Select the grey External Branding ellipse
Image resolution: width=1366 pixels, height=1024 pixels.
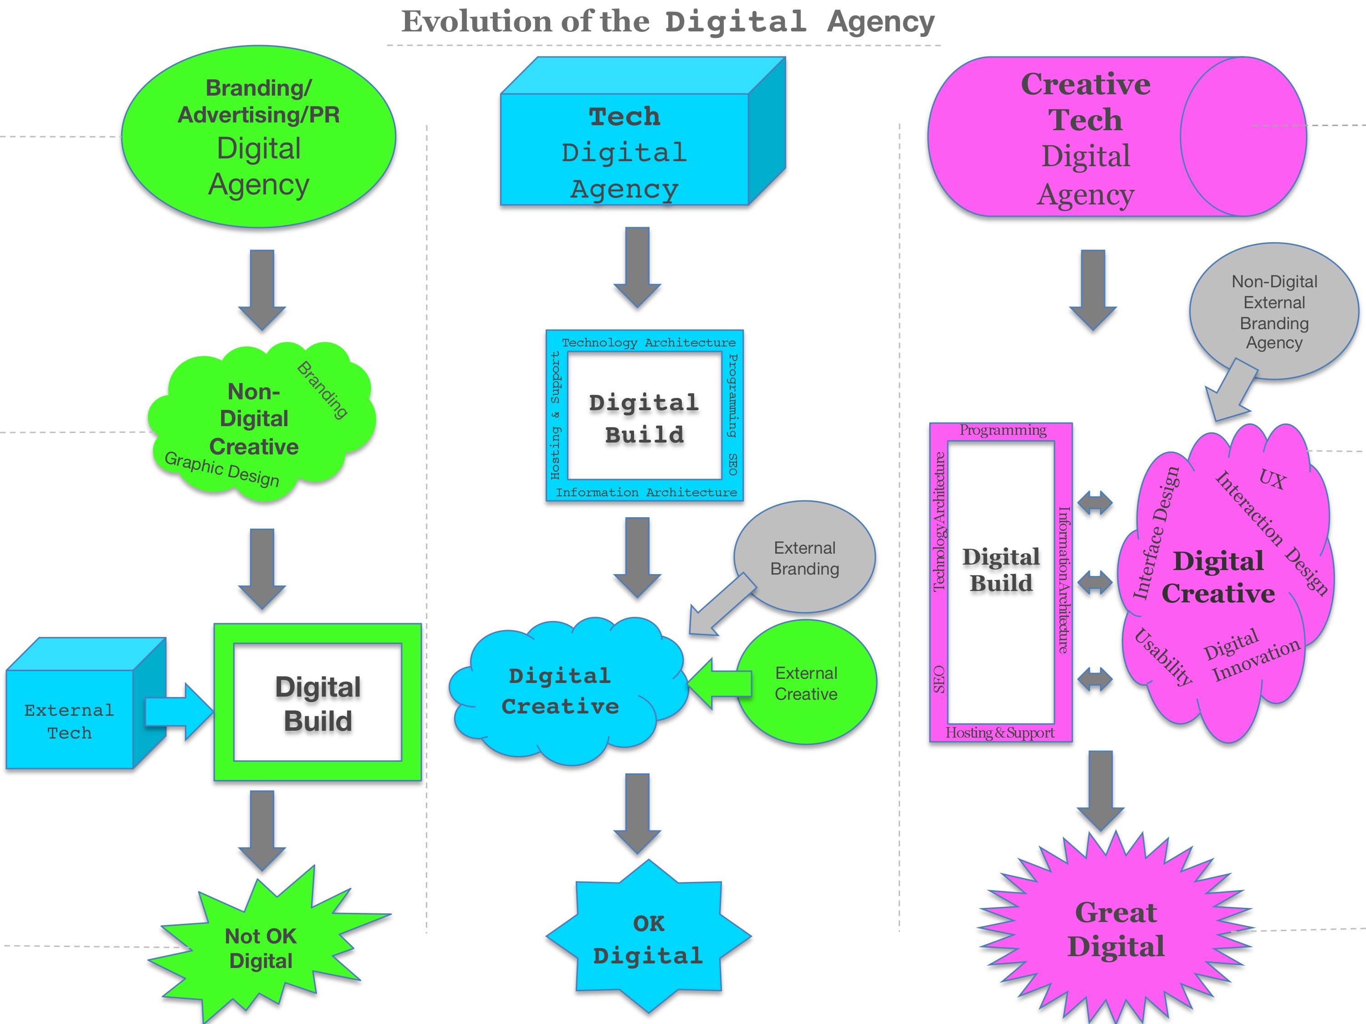[805, 557]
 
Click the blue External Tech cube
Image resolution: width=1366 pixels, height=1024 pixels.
[70, 720]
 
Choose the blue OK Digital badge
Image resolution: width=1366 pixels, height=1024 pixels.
[649, 939]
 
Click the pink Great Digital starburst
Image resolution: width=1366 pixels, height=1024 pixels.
[1116, 929]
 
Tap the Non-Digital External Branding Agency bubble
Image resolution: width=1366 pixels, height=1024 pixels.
[1274, 312]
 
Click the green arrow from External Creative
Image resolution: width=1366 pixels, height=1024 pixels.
[719, 684]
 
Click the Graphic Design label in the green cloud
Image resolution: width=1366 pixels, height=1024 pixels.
[222, 469]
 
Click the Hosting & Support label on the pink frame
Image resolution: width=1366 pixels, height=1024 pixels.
[1000, 733]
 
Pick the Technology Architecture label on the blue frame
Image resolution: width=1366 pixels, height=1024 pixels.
[649, 342]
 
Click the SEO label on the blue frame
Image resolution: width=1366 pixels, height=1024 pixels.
[732, 464]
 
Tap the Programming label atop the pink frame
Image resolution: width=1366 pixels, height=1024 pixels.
[1002, 430]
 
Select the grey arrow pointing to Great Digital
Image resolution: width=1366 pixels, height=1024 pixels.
[1100, 790]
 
